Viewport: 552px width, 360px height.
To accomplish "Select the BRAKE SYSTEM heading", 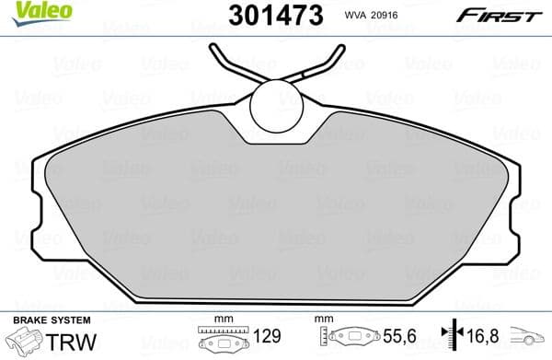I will (51, 319).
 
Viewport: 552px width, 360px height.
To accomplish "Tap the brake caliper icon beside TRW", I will (25, 342).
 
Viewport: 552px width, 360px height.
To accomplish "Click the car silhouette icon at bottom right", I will (531, 340).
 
